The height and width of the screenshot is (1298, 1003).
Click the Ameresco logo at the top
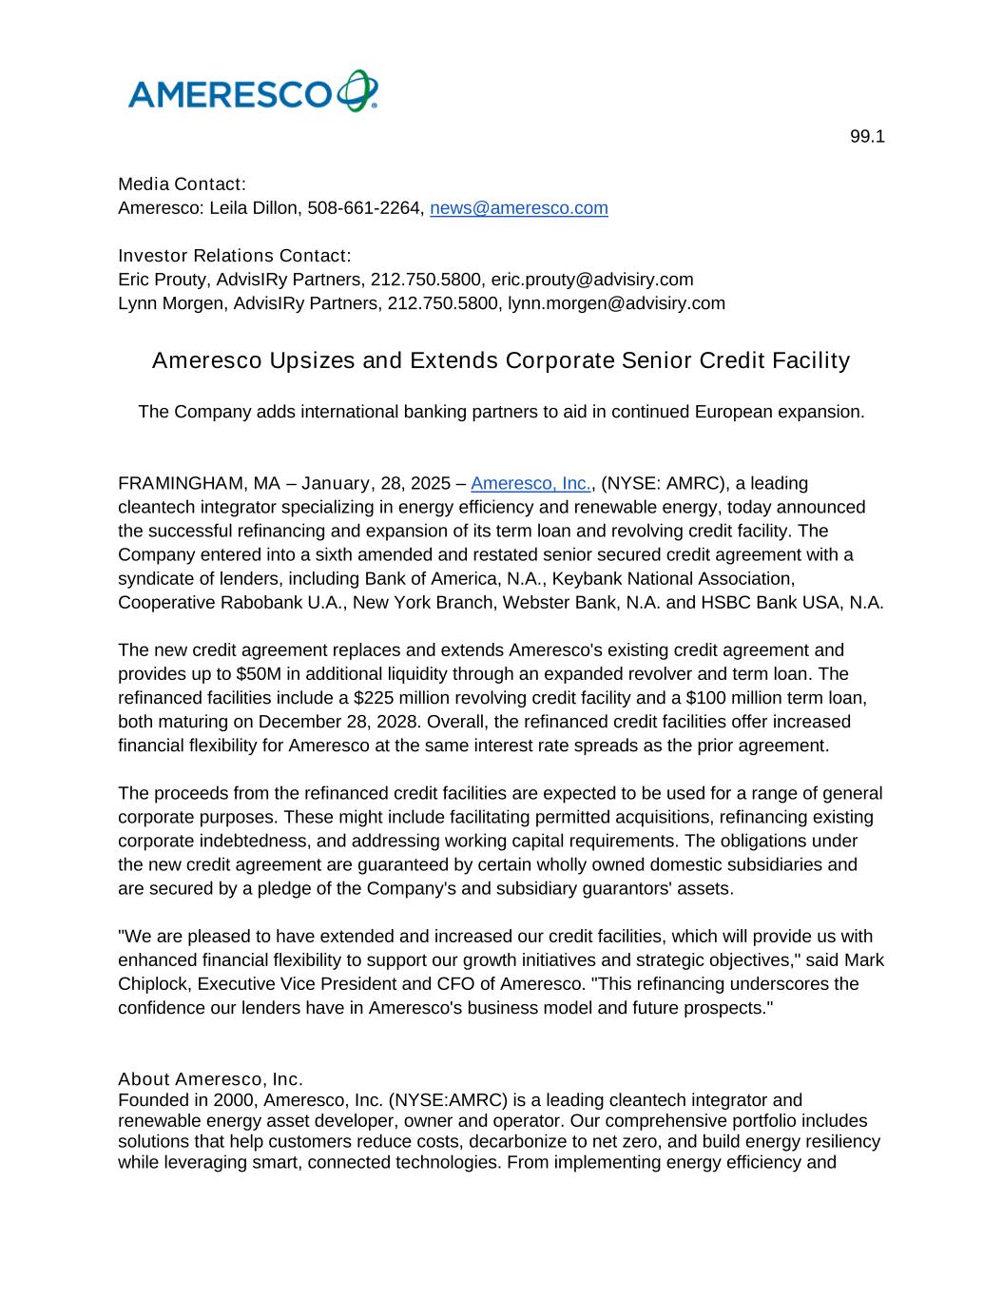click(x=253, y=92)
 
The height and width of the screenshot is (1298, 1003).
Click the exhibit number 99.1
click(x=867, y=137)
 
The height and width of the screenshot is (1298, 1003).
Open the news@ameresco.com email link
click(x=518, y=208)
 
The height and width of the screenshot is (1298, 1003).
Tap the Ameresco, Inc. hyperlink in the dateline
click(x=530, y=484)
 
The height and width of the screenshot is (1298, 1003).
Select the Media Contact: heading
click(x=182, y=184)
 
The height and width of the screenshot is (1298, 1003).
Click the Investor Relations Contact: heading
click(x=235, y=256)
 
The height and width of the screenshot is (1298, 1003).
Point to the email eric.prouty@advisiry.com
click(x=591, y=280)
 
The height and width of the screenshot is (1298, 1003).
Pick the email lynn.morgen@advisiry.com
click(x=616, y=303)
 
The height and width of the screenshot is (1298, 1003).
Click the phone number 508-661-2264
click(x=364, y=208)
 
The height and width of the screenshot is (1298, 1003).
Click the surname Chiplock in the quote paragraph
click(x=153, y=984)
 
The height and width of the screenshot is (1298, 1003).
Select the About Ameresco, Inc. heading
click(x=210, y=1079)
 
